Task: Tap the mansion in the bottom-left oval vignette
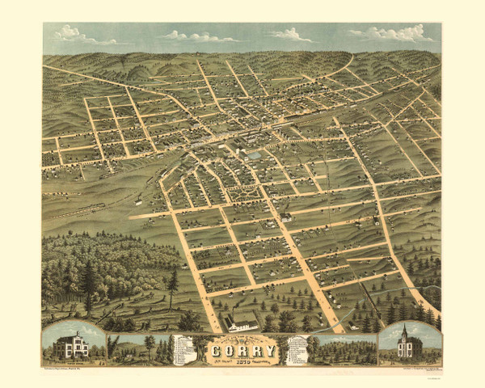(71, 345)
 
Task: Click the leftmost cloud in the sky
(73, 35)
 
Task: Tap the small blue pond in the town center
(255, 154)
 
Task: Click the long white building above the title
(242, 326)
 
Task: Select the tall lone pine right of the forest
(172, 282)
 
